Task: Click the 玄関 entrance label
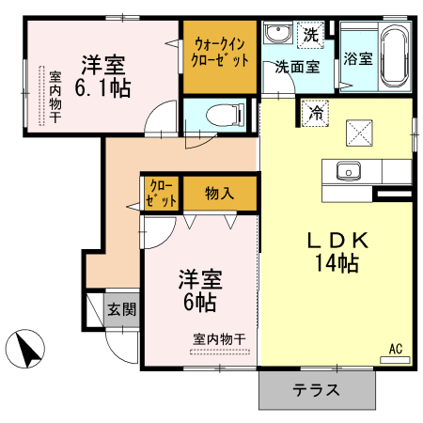click(121, 308)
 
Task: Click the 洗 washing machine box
click(310, 35)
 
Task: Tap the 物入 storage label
click(221, 194)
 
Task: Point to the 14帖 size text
click(336, 263)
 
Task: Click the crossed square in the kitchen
click(357, 133)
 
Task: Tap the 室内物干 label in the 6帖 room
click(219, 338)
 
